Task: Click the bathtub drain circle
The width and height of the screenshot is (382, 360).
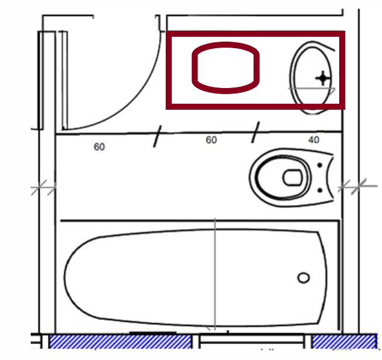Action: (304, 278)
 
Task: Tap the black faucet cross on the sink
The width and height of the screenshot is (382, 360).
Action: (323, 78)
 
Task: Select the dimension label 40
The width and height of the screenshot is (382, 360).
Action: (314, 140)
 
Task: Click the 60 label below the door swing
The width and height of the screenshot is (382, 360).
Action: (99, 147)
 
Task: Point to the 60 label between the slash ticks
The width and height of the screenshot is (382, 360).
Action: (211, 140)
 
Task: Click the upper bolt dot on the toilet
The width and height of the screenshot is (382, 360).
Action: (319, 165)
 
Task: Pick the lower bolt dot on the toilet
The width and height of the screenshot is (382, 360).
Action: (320, 190)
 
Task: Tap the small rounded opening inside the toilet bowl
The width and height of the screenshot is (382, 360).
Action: (292, 177)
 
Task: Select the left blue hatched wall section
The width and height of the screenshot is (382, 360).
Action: (120, 341)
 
